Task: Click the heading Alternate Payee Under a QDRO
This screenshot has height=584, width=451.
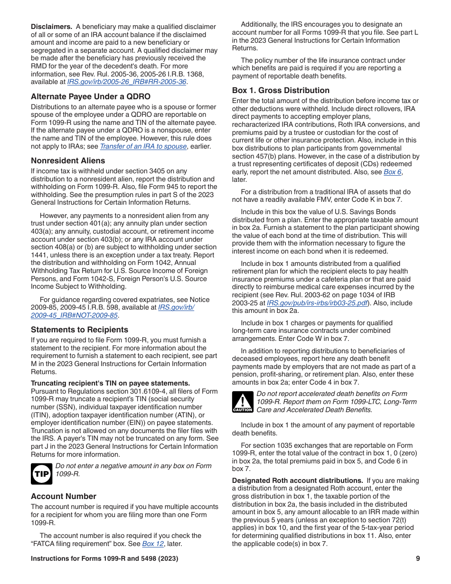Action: (x=90, y=96)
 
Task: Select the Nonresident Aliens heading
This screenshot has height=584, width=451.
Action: (x=68, y=160)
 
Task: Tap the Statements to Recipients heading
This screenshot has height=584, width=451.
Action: (x=79, y=330)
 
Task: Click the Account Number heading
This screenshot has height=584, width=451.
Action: (x=64, y=496)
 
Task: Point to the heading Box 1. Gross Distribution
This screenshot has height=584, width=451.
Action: (x=281, y=90)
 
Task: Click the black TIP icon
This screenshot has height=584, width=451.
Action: (x=41, y=474)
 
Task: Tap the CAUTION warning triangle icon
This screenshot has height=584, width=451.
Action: (x=242, y=402)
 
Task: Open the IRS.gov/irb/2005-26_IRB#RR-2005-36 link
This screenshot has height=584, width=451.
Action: (x=127, y=82)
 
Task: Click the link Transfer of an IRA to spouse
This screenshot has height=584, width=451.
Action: (x=143, y=146)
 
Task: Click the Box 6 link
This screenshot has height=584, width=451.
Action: (x=392, y=172)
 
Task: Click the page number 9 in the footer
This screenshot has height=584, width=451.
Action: (x=418, y=559)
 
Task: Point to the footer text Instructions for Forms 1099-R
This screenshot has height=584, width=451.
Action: (x=104, y=559)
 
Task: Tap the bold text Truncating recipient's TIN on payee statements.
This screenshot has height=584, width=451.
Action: (x=110, y=383)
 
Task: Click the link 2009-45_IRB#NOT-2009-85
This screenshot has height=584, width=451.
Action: (x=74, y=315)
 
